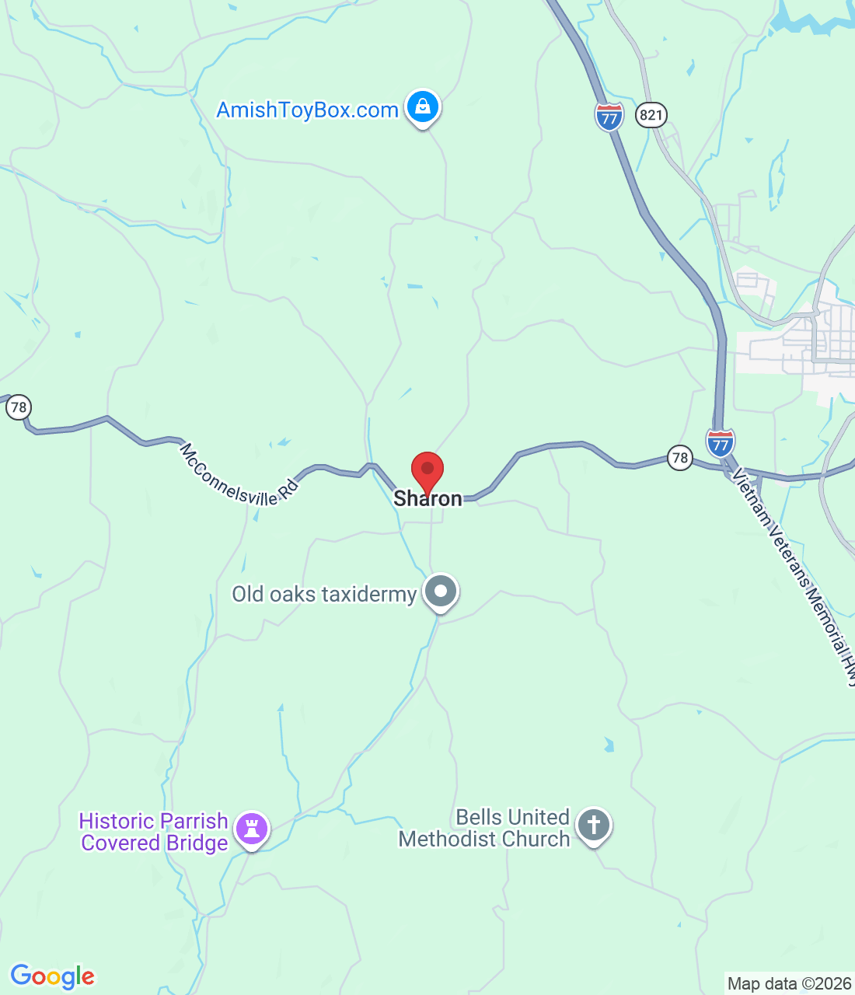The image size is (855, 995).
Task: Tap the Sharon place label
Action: coord(427,499)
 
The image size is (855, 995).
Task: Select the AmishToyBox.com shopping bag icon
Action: coord(423,106)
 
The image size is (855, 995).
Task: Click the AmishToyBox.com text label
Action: coord(307,110)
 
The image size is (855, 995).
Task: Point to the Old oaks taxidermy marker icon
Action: coord(441,592)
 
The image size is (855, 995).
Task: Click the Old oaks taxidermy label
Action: coord(324,595)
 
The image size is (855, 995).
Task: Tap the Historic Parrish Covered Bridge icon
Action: coord(251,828)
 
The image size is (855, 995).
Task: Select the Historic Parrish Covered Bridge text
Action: coord(154,832)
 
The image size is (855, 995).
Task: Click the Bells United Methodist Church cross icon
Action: coord(594,825)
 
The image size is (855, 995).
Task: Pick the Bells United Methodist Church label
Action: coord(484,829)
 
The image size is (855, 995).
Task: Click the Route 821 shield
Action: coord(651,116)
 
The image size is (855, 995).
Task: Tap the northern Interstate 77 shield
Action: coord(609,117)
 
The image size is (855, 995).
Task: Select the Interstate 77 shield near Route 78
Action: coord(721,442)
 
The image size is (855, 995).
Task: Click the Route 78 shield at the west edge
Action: coord(18,407)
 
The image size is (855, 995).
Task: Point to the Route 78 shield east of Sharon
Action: coord(680,457)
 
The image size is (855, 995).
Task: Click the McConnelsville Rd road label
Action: coord(239,475)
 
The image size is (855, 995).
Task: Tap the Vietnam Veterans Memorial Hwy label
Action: coord(794,575)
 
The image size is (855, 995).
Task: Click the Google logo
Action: coord(52,976)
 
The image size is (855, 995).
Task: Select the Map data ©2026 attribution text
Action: coord(789,984)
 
